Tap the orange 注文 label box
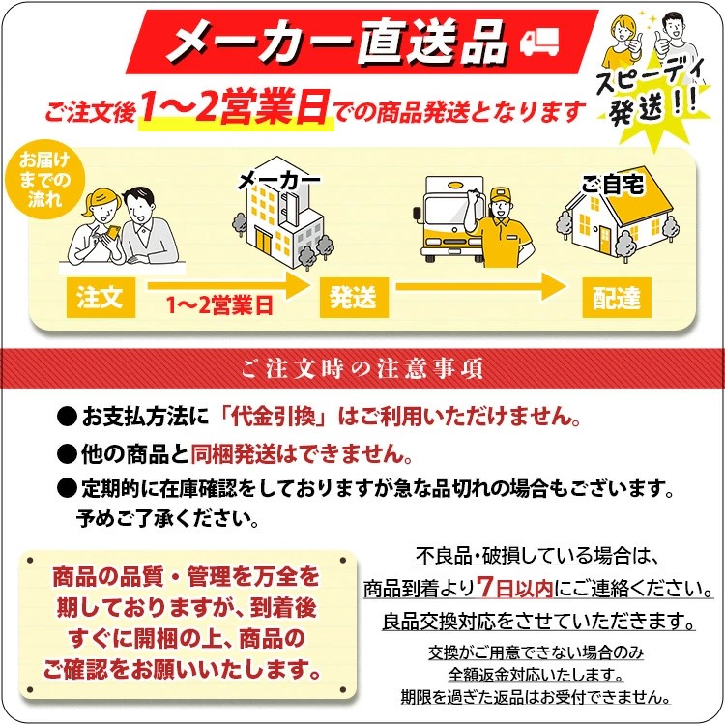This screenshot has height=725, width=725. coord(101,298)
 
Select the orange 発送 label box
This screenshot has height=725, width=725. coord(354,298)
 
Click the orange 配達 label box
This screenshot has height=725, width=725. coord(617,298)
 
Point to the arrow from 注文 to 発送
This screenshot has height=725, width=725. coord(229,286)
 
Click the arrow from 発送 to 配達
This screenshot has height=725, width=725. coord(480,286)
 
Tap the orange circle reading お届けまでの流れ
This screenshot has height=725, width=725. coord(44,180)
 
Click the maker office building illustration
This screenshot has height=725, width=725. coord(283,215)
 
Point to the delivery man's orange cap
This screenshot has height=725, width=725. coord(500,194)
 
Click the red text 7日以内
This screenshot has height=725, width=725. coord(514,588)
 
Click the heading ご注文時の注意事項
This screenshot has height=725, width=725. coord(362,368)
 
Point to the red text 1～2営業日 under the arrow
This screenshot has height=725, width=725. coord(220,305)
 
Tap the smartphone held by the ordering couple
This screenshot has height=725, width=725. coord(112,232)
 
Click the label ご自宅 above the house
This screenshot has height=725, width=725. coord(612,185)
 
